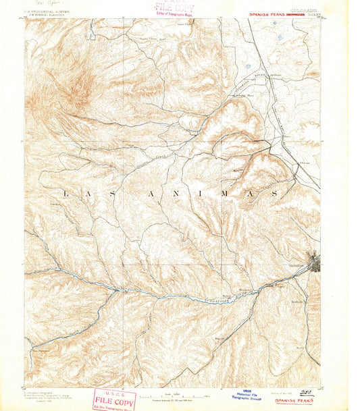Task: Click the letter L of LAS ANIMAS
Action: click(65, 194)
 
